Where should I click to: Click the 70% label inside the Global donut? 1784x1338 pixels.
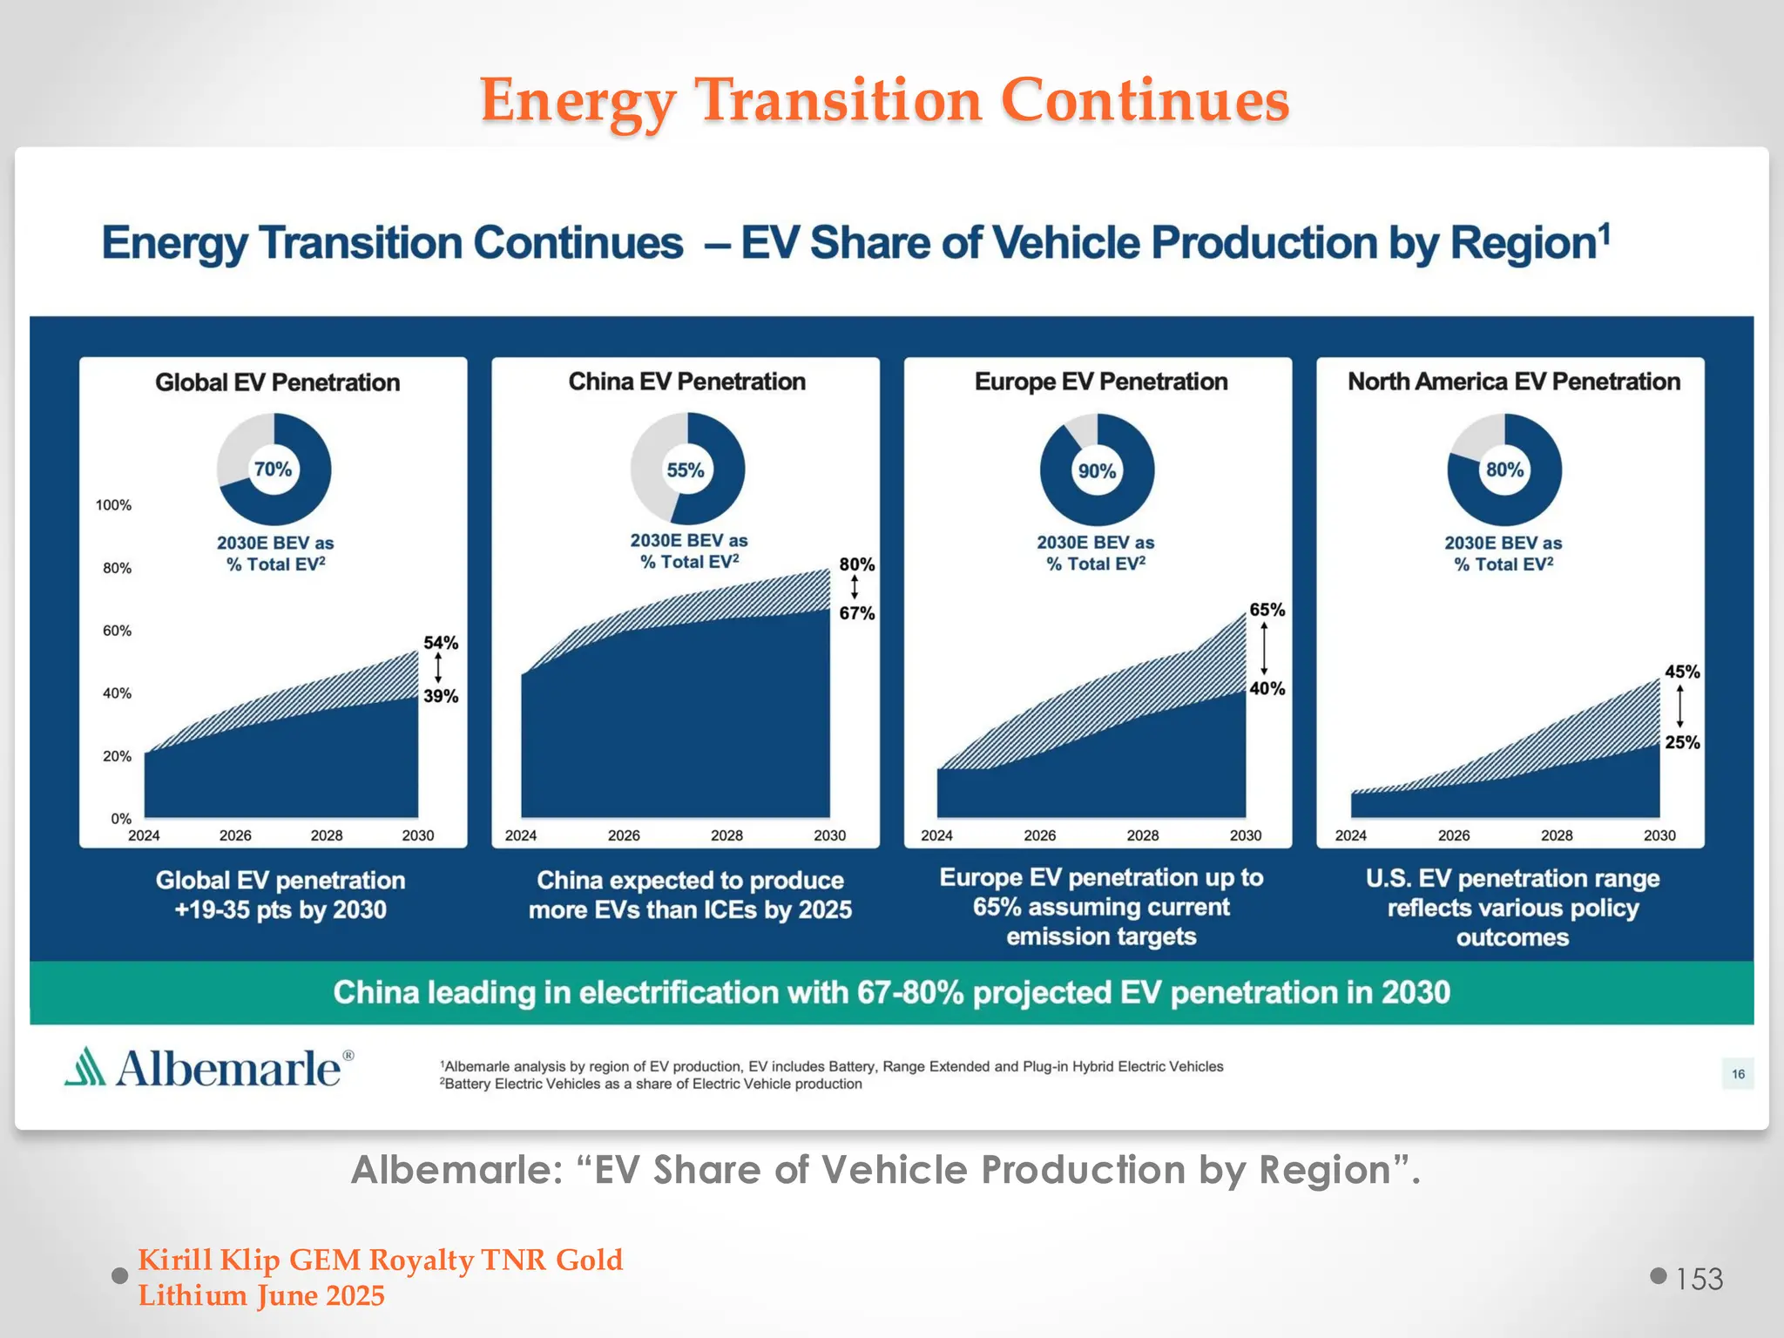pyautogui.click(x=273, y=470)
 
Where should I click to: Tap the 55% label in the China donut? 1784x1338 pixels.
pyautogui.click(x=686, y=470)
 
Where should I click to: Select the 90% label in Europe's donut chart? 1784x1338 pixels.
pyautogui.click(x=1097, y=471)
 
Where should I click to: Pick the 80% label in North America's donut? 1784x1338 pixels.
pyautogui.click(x=1504, y=470)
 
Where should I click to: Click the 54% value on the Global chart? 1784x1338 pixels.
pyautogui.click(x=441, y=643)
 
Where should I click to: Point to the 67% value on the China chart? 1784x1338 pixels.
pyautogui.click(x=857, y=613)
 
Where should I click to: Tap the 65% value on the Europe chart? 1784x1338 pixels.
pyautogui.click(x=1267, y=610)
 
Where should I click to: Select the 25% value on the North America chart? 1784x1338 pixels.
pyautogui.click(x=1682, y=742)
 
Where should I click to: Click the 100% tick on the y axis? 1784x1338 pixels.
pyautogui.click(x=113, y=505)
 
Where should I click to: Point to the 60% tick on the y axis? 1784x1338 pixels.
pyautogui.click(x=117, y=631)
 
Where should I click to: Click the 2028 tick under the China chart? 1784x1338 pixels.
pyautogui.click(x=726, y=835)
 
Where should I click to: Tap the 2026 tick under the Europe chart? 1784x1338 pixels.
pyautogui.click(x=1039, y=835)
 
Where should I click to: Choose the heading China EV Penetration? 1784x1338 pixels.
pyautogui.click(x=686, y=382)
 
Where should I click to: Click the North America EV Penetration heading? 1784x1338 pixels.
pyautogui.click(x=1513, y=382)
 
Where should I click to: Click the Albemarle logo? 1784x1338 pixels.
pyautogui.click(x=210, y=1068)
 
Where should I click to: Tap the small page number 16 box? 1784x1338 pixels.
pyautogui.click(x=1738, y=1074)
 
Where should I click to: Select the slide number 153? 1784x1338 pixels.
pyautogui.click(x=1699, y=1279)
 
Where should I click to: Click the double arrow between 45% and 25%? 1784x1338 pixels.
pyautogui.click(x=1679, y=706)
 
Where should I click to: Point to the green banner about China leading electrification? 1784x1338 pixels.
pyautogui.click(x=891, y=992)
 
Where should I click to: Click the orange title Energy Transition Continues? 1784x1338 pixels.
pyautogui.click(x=883, y=100)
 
